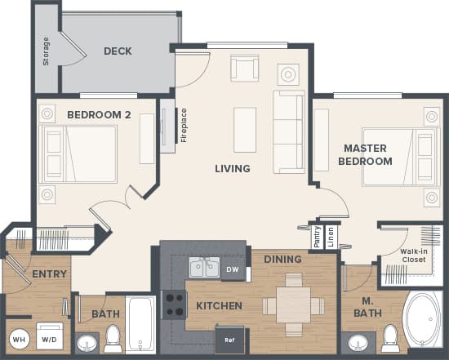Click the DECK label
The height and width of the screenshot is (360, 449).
[118, 51]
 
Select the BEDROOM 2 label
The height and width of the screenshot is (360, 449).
[99, 115]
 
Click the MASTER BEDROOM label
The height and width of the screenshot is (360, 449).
[367, 154]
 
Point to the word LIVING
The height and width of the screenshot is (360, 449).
[232, 169]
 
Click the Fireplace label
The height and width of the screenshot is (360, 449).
[184, 125]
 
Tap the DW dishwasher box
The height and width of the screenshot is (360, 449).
[233, 269]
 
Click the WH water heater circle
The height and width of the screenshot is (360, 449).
[19, 339]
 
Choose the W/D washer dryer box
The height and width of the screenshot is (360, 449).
[48, 339]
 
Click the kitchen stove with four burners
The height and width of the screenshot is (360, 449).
[173, 304]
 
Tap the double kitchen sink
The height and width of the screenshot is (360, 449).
[202, 268]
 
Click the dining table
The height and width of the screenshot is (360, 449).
[293, 304]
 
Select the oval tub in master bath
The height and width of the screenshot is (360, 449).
[422, 321]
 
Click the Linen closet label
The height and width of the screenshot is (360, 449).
[330, 236]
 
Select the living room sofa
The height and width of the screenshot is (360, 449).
[288, 131]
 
